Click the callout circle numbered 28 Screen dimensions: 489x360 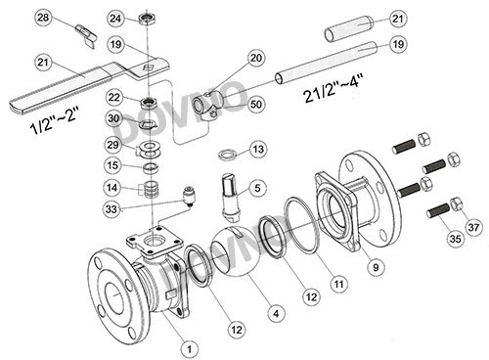43,18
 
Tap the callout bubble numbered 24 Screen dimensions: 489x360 115,19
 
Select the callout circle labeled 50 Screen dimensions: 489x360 256,105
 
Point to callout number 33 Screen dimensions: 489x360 111,208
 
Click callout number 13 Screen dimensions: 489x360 258,150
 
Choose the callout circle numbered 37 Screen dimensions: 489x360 473,226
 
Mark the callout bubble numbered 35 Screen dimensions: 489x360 455,239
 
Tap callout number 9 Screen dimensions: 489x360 376,267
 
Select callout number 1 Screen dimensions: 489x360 190,349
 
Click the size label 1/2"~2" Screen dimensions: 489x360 55,121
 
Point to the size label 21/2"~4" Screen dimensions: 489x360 333,88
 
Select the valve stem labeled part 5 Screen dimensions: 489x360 231,197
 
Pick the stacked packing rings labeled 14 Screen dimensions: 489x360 151,189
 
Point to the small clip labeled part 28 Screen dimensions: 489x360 86,35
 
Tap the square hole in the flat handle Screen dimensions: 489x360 149,67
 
